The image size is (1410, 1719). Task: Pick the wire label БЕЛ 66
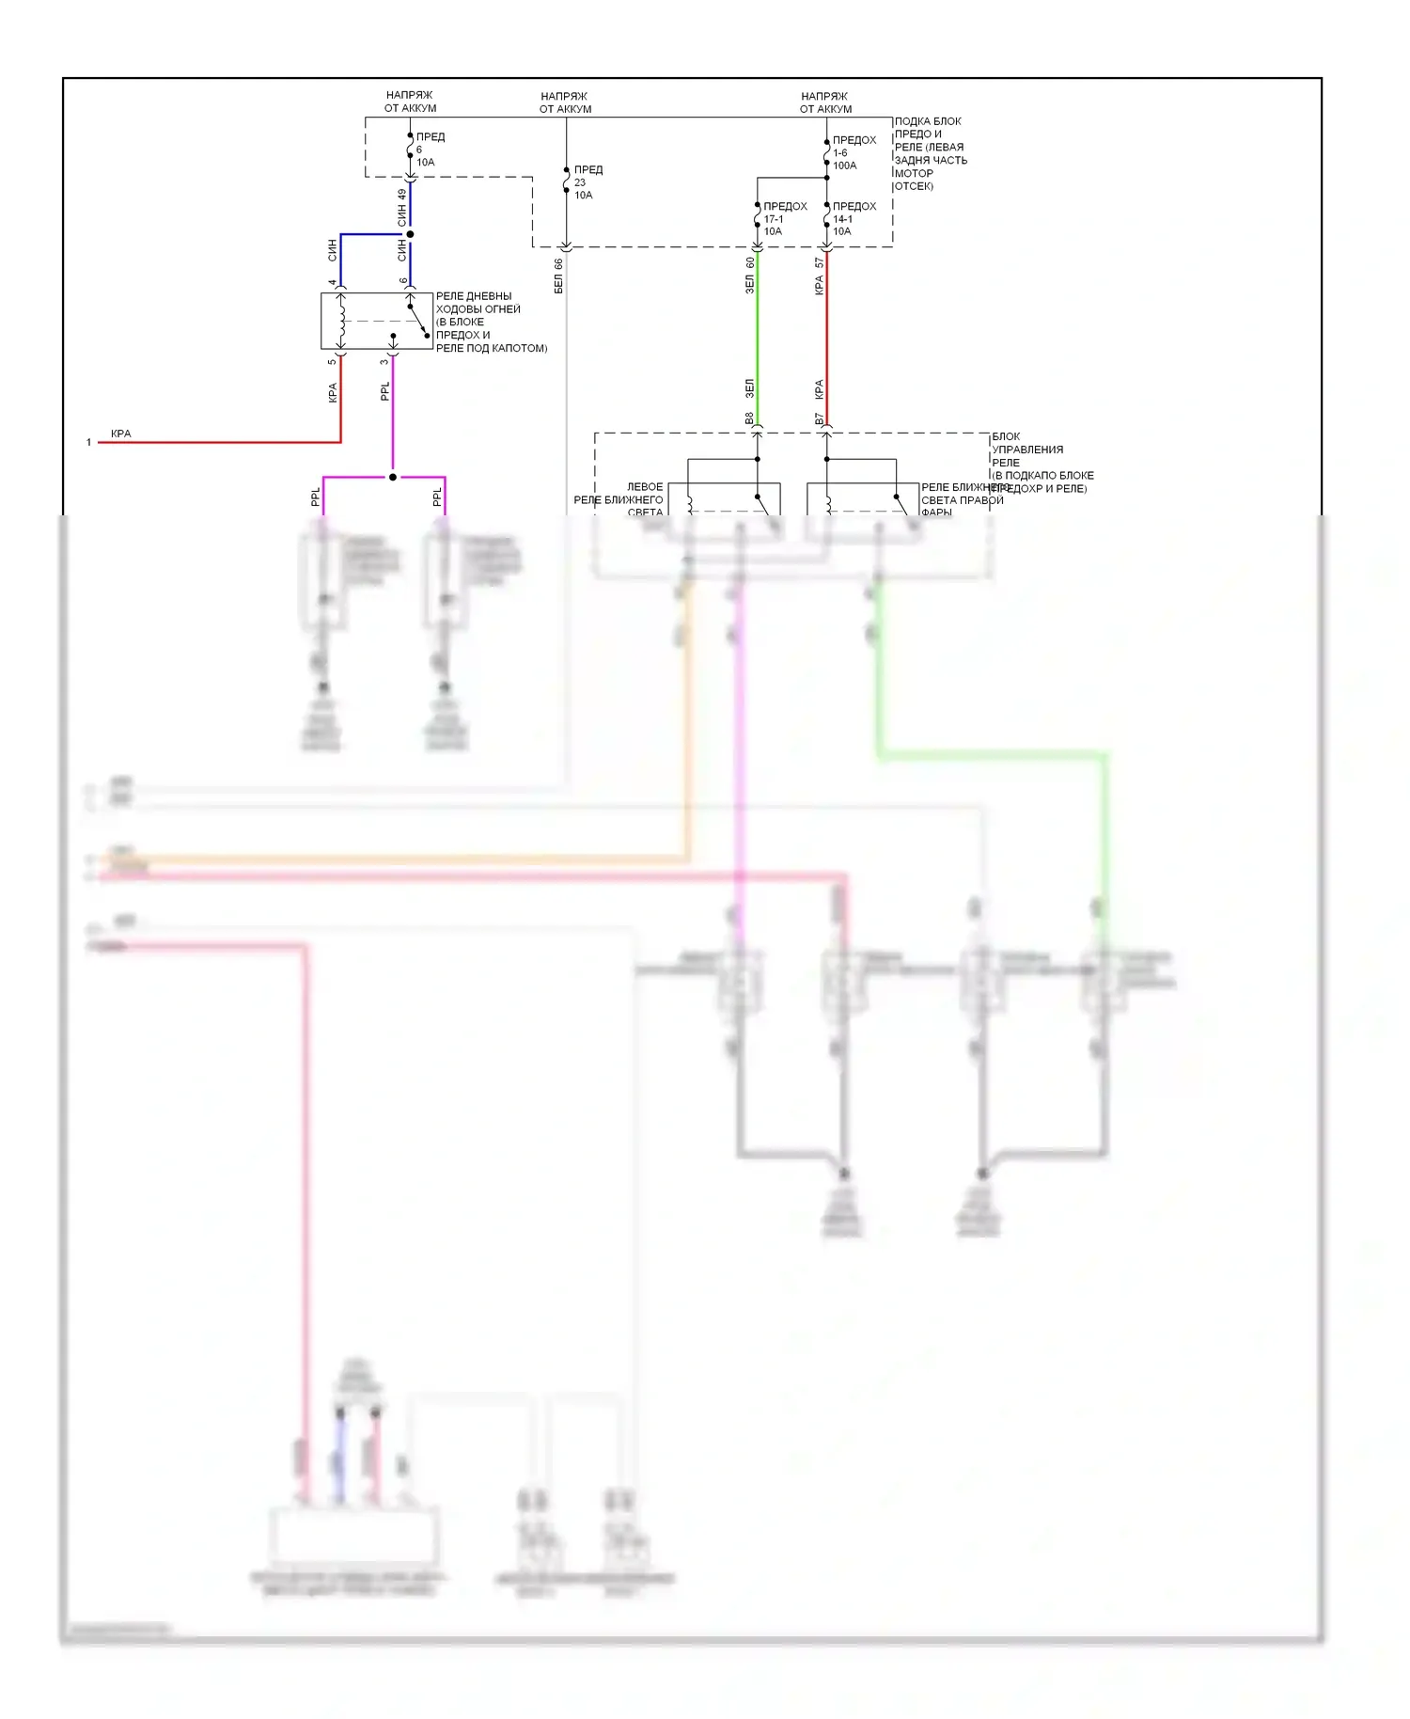pyautogui.click(x=558, y=276)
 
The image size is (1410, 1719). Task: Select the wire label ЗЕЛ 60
pyautogui.click(x=750, y=275)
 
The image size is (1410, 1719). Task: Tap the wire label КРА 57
pyautogui.click(x=820, y=276)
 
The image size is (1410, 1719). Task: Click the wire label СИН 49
pyautogui.click(x=402, y=208)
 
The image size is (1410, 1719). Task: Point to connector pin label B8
pyautogui.click(x=749, y=418)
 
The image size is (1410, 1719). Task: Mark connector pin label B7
pyautogui.click(x=819, y=418)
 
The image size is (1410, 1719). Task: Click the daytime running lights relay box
pyautogui.click(x=376, y=321)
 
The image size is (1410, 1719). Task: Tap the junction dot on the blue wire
pyautogui.click(x=410, y=234)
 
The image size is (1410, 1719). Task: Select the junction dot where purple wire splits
pyautogui.click(x=393, y=477)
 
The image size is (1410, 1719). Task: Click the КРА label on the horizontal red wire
pyautogui.click(x=121, y=434)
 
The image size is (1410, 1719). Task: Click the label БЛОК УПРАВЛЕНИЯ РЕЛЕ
pyautogui.click(x=1026, y=449)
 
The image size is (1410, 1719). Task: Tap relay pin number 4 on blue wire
pyautogui.click(x=332, y=281)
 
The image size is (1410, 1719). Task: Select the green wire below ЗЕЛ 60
pyautogui.click(x=758, y=339)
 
